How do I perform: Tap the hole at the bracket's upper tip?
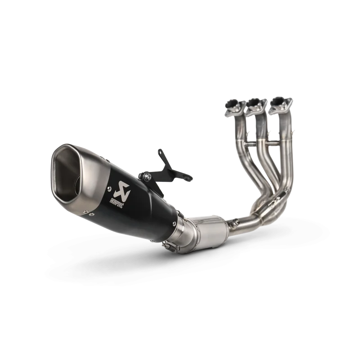tap(160, 152)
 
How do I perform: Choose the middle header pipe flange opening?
tap(254, 102)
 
